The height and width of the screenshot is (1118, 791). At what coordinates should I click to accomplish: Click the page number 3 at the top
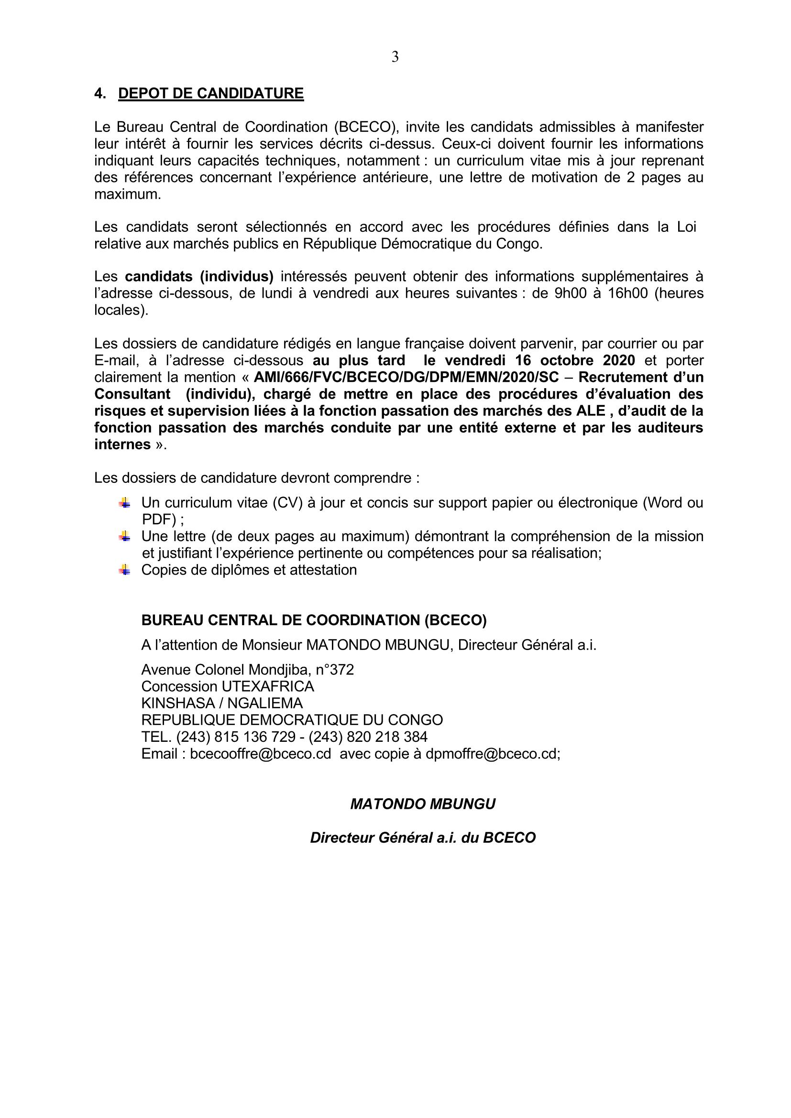pos(395,57)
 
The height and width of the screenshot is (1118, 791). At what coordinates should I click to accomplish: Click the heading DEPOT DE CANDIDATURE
pos(211,94)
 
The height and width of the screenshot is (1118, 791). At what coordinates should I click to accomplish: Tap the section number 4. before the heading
pos(100,94)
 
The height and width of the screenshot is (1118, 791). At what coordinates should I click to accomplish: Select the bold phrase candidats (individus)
pos(199,277)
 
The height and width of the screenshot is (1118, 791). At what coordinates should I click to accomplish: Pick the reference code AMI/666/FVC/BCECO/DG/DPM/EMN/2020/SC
pos(406,378)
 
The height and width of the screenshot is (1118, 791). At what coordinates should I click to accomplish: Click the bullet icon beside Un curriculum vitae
pos(124,502)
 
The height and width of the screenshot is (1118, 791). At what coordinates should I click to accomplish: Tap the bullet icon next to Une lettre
pos(124,536)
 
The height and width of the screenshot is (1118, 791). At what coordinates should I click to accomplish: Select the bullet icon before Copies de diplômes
pos(124,570)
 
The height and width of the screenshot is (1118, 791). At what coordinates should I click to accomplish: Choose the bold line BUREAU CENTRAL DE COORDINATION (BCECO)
pos(314,620)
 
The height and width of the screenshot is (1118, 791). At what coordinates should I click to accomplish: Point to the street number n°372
pos(335,670)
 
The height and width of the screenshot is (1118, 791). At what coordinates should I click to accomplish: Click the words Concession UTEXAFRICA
pos(228,686)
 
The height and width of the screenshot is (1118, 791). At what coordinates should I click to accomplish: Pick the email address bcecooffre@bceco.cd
pos(261,754)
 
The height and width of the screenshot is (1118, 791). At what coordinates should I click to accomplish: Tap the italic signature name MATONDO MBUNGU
pos(423,804)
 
